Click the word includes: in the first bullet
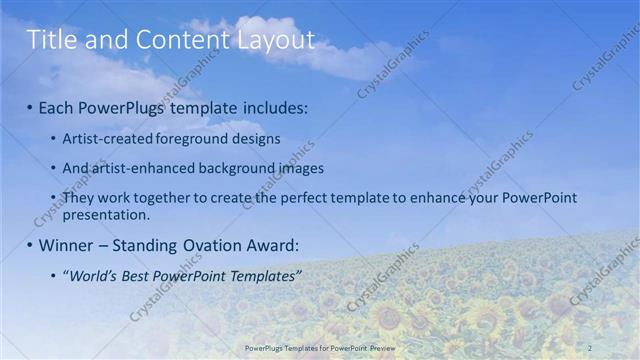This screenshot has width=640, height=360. pos(272,106)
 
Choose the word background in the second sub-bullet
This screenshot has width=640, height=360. pos(236,168)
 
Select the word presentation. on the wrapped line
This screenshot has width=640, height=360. pos(106,214)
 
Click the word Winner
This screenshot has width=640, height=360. pos(66,245)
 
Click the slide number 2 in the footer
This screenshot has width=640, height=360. pos(591,347)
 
